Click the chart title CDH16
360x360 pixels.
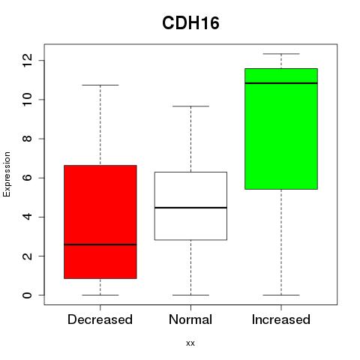(x=190, y=23)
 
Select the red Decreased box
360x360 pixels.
(x=100, y=222)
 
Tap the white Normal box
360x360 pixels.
(x=190, y=205)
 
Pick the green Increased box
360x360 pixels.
(x=281, y=129)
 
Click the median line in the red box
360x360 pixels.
(x=100, y=244)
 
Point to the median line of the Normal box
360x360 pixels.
(x=190, y=208)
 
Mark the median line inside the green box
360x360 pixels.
(x=281, y=83)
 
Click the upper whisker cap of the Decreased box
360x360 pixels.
(x=100, y=85)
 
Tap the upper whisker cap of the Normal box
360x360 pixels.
(x=190, y=106)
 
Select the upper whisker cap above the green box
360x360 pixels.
(x=281, y=54)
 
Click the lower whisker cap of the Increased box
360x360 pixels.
(x=281, y=295)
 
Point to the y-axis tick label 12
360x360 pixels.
(x=27, y=60)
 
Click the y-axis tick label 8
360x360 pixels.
(x=27, y=139)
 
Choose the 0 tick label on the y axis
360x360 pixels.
(x=27, y=295)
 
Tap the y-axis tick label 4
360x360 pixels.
(x=27, y=217)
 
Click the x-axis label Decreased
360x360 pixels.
(x=100, y=319)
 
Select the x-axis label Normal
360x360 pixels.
(x=190, y=319)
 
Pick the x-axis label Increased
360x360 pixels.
(x=281, y=319)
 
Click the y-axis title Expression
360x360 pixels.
(x=7, y=174)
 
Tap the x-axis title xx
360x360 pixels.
(x=190, y=343)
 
